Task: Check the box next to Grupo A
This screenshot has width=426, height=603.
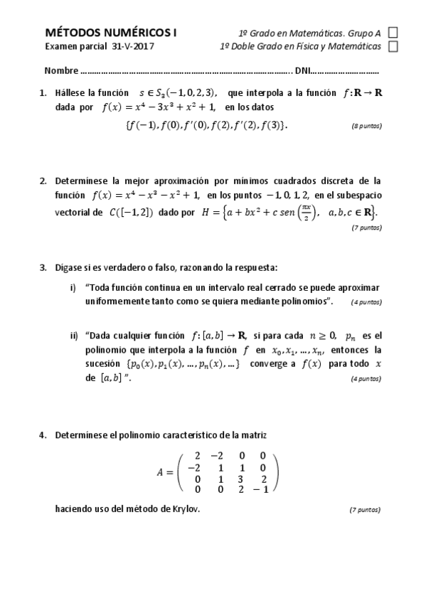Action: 393,33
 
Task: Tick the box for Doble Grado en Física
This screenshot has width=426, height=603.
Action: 393,46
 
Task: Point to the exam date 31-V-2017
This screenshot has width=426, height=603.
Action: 132,46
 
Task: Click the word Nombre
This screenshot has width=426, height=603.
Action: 61,72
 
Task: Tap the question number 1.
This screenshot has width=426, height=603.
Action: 43,93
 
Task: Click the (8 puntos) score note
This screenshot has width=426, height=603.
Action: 366,126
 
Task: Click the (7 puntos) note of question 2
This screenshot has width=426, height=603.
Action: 366,228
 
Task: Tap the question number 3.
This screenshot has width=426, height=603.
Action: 43,268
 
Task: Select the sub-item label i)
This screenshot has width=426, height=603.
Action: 73,288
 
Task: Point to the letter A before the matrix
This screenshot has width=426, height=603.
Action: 161,471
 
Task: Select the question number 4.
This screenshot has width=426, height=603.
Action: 43,434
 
